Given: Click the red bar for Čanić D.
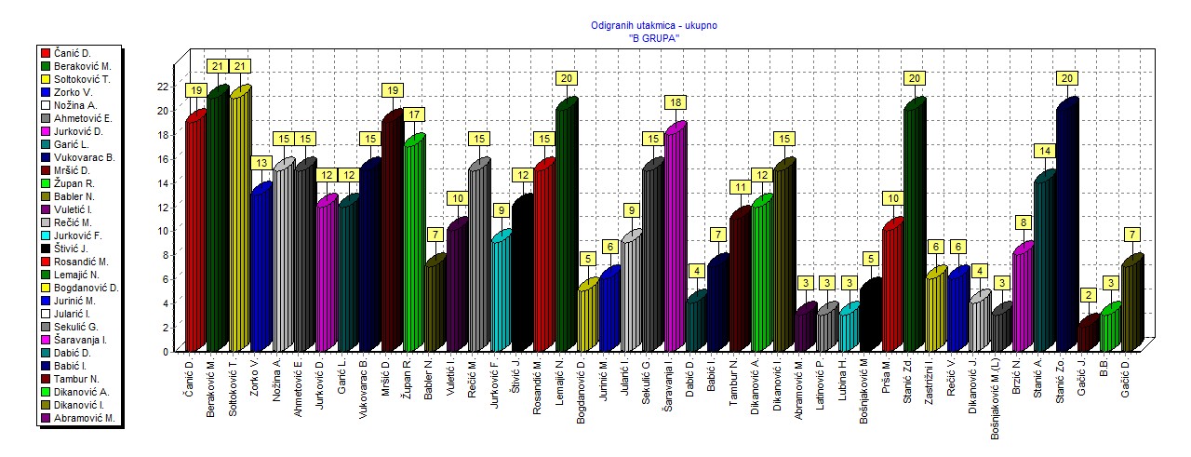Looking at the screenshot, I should tap(194, 233).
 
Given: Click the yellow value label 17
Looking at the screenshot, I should tap(413, 114).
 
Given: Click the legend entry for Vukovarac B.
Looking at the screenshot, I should tap(85, 157).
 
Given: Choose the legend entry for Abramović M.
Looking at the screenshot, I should tap(84, 418).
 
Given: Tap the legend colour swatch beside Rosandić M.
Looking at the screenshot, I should tap(44, 262).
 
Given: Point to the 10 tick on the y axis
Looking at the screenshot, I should tap(165, 230).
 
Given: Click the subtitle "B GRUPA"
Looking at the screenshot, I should tap(654, 38).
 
